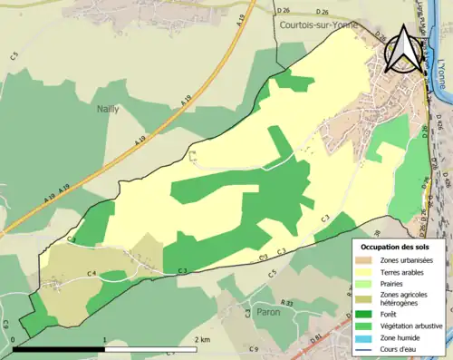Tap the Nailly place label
(x=109, y=108)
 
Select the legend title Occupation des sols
(x=397, y=247)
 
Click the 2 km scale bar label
(x=203, y=339)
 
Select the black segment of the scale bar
(x=60, y=348)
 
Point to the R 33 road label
(x=287, y=302)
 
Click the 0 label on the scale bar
(x=14, y=340)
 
